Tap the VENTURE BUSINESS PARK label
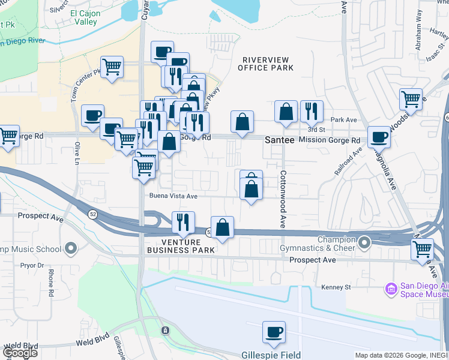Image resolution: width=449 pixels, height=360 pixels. pos(181,245)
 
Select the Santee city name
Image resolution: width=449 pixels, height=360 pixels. pos(279,139)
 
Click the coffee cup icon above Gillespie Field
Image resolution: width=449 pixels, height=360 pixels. pos(274,332)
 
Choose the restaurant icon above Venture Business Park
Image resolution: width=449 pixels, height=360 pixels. pos(183,222)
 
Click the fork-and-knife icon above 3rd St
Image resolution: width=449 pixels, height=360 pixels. pos(312,111)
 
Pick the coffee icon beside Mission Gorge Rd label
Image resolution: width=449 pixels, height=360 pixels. pos(379,137)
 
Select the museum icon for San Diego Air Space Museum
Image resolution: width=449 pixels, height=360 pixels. pos(391,290)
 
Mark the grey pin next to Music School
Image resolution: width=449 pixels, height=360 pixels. pos(71,248)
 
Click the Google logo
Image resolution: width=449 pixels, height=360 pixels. pos(20,353)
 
